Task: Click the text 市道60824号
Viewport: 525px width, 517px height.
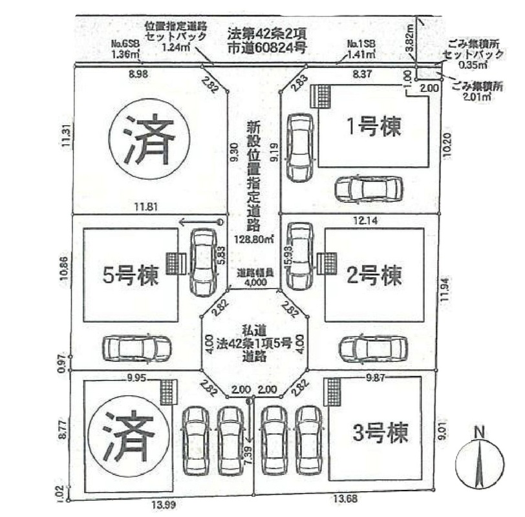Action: coord(266,47)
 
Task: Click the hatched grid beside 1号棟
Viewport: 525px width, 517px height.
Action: coord(321,96)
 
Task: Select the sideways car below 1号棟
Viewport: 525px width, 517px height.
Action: coord(369,189)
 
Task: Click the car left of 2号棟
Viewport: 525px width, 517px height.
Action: coord(299,257)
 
